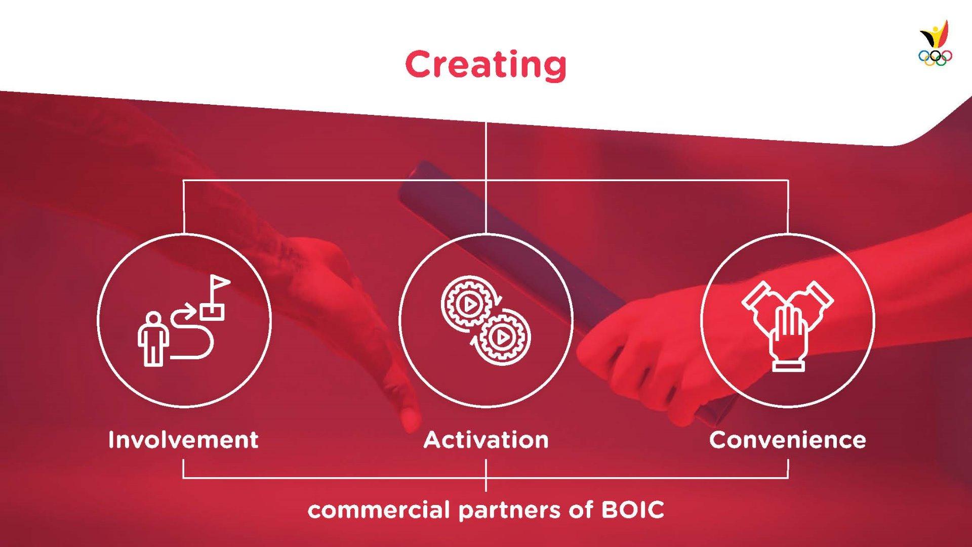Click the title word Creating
click(x=485, y=65)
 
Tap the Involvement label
click(x=183, y=440)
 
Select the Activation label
click(x=486, y=440)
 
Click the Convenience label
click(x=788, y=440)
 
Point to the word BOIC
click(x=633, y=510)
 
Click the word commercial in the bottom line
click(x=379, y=510)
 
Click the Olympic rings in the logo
click(x=935, y=58)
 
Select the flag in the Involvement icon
click(x=215, y=298)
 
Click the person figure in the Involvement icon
click(x=153, y=339)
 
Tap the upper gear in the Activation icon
click(x=469, y=305)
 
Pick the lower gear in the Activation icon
click(x=502, y=337)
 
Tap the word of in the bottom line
click(x=581, y=510)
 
